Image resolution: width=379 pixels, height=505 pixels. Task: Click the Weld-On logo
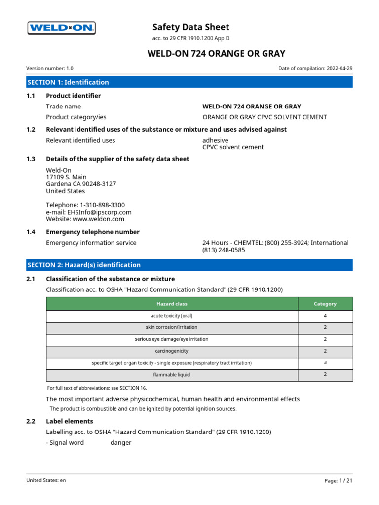click(61, 28)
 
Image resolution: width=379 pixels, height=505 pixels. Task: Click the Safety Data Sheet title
click(190, 27)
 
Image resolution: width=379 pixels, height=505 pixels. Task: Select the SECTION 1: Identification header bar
click(189, 82)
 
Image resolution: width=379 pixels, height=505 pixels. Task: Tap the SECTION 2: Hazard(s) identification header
click(189, 265)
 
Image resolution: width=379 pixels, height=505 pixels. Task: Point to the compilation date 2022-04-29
click(340, 69)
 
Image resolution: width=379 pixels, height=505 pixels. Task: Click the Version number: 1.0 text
click(50, 69)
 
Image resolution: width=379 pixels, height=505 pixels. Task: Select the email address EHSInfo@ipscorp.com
click(89, 212)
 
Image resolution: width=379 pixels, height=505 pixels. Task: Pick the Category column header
click(325, 304)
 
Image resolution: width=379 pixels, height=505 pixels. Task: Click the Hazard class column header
click(172, 304)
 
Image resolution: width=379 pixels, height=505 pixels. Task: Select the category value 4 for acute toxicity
click(325, 316)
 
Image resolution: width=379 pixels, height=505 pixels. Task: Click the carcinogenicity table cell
click(172, 351)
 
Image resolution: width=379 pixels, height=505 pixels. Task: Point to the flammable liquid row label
click(172, 375)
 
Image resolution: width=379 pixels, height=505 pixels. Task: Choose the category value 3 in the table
click(325, 363)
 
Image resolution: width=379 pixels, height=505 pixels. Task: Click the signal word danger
click(121, 442)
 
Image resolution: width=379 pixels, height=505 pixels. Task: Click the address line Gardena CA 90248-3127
click(81, 184)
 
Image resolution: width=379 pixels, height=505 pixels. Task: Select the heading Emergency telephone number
click(93, 232)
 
